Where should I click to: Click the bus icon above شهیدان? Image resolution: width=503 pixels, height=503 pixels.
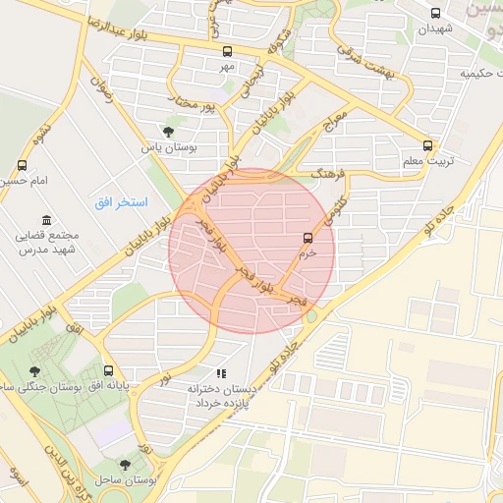436,13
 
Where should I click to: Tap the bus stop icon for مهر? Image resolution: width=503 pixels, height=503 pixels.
228,51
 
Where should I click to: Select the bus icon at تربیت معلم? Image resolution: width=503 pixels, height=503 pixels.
427,144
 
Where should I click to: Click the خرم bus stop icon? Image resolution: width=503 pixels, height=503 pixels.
308,238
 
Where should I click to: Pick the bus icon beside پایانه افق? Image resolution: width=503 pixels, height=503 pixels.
108,371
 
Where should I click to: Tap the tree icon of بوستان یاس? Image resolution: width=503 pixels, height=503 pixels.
168,132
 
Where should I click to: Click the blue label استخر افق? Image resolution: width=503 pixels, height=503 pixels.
121,202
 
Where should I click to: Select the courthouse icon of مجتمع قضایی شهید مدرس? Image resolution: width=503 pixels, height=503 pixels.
45,221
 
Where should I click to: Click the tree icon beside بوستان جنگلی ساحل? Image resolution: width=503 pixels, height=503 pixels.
35,371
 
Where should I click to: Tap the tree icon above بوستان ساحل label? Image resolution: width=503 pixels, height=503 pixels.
124,465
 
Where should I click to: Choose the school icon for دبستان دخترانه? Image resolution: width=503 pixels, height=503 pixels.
221,373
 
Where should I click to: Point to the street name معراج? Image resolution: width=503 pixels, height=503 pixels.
337,123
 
